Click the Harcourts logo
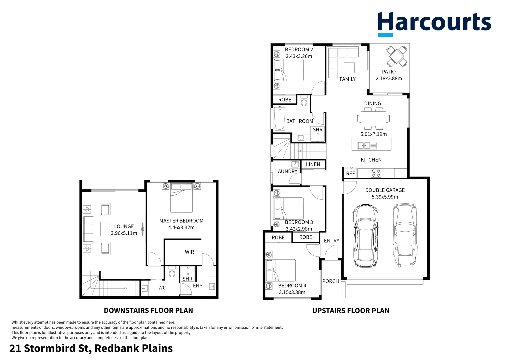coord(434,23)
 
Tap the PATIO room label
coord(389,72)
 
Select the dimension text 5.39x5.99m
coord(385,197)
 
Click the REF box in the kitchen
coord(350,173)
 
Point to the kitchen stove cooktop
coord(376,173)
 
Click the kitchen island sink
coord(367,145)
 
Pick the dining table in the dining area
coord(373,118)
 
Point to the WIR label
coord(189,252)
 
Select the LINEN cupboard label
coord(313,164)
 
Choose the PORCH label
coord(330,281)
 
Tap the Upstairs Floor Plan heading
coord(351,311)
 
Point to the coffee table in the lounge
coord(105,229)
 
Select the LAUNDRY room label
coord(286,171)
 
